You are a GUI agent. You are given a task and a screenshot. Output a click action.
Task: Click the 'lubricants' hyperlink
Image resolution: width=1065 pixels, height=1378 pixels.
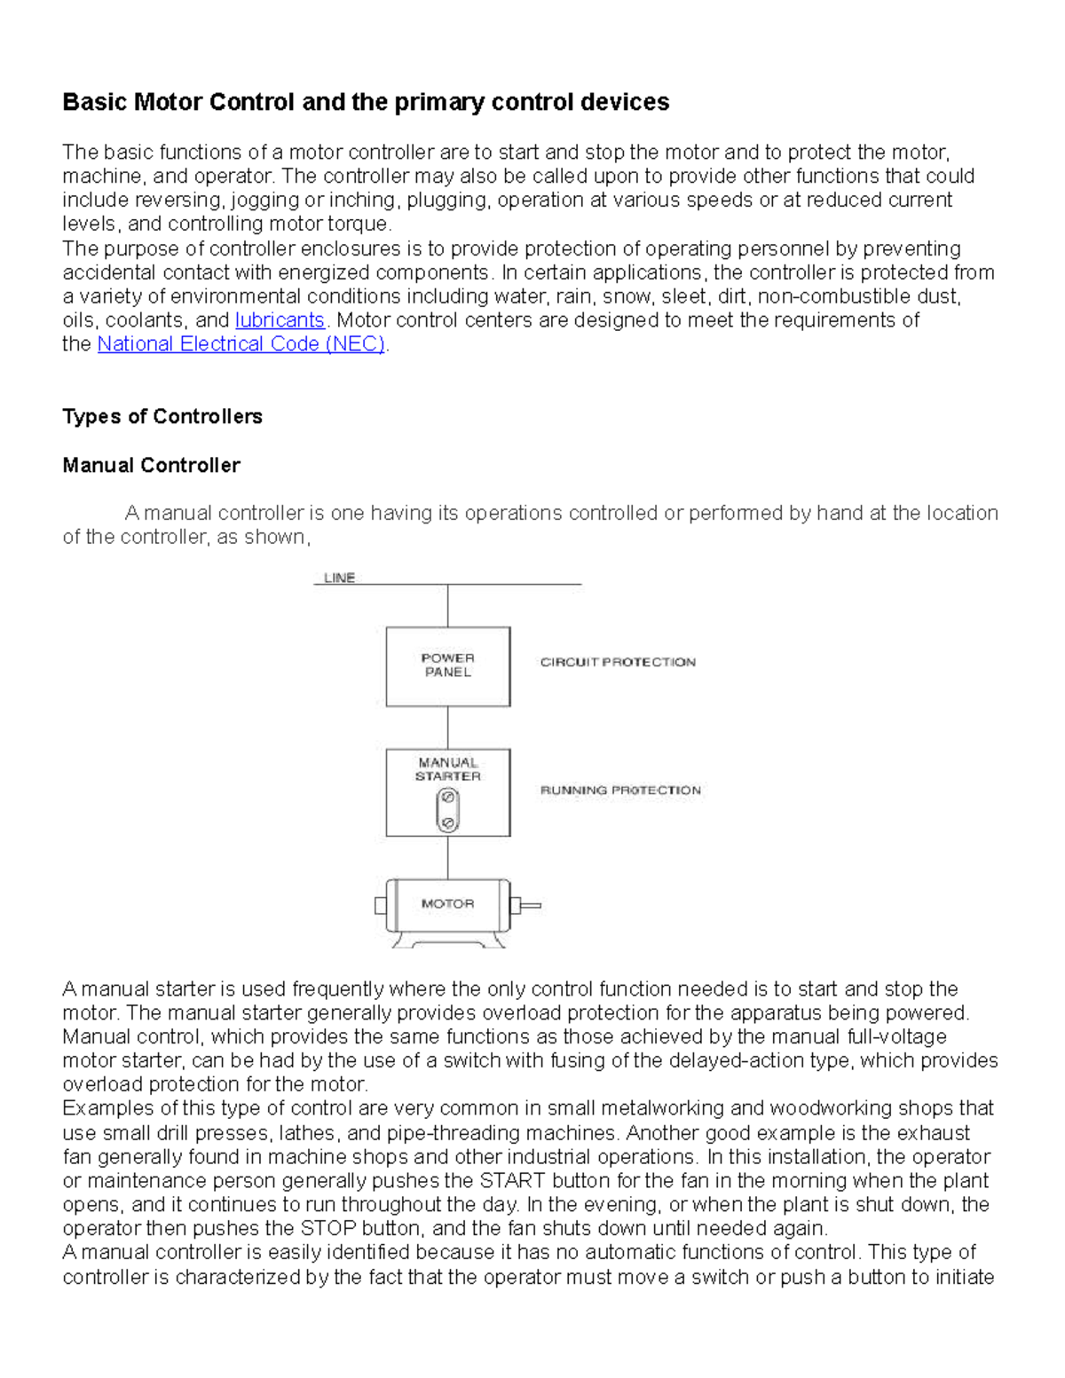(x=280, y=320)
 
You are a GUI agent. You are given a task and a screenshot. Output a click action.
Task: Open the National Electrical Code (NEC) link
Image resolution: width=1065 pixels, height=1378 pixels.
(x=241, y=344)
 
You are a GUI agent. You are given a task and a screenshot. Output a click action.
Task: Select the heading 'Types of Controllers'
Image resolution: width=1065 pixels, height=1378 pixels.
(x=162, y=417)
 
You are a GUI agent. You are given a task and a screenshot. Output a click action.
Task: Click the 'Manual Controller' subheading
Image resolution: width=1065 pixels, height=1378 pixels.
(x=151, y=466)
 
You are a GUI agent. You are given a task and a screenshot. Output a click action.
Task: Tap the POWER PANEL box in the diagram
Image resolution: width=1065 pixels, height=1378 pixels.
(x=447, y=665)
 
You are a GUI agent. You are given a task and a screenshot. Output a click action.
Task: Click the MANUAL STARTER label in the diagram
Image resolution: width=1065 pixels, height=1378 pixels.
(x=447, y=769)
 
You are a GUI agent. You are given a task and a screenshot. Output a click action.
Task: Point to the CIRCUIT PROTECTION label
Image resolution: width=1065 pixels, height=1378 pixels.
(x=618, y=662)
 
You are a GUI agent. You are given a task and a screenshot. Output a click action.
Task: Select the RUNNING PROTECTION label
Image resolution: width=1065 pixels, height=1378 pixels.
(x=620, y=790)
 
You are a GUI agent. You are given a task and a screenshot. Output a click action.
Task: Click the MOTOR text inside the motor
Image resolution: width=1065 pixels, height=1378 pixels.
(x=447, y=903)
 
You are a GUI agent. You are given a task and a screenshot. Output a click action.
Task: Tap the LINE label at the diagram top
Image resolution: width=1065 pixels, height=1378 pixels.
(x=339, y=578)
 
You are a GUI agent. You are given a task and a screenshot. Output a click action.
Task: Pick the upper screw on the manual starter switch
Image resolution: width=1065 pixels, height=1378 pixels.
(x=447, y=798)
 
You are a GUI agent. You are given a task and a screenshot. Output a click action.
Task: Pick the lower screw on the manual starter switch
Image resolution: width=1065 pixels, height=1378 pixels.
(x=447, y=823)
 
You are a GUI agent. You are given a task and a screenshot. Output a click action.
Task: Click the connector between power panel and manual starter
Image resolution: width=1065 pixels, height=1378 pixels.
(x=447, y=728)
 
